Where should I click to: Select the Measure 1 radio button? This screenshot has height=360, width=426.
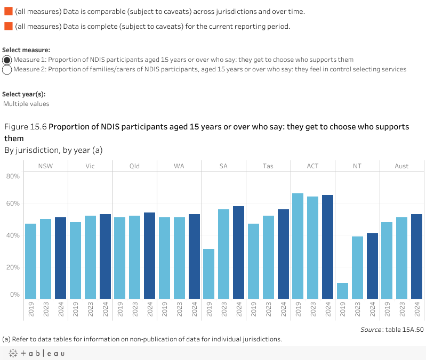click(x=7, y=60)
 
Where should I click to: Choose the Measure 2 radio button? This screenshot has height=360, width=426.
click(x=7, y=69)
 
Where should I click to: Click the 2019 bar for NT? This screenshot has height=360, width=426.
click(x=342, y=290)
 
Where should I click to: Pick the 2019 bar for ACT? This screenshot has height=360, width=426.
click(x=298, y=246)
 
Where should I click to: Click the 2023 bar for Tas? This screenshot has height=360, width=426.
click(x=268, y=257)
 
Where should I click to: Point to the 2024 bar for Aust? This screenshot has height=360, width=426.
click(x=416, y=256)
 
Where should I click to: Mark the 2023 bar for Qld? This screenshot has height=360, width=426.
click(x=135, y=257)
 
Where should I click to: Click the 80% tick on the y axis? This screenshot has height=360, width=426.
click(x=13, y=176)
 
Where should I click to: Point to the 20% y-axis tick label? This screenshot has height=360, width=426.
click(x=13, y=267)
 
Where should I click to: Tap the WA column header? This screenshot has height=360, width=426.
click(x=179, y=166)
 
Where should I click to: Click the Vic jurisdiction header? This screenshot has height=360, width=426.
click(x=90, y=166)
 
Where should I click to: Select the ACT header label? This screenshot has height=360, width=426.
click(x=312, y=166)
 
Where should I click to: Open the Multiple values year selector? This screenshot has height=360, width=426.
click(x=26, y=104)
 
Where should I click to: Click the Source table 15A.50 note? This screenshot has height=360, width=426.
click(x=392, y=330)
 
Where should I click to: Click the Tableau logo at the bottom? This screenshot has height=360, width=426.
click(x=36, y=353)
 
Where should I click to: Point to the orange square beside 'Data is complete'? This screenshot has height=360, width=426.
click(x=8, y=26)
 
